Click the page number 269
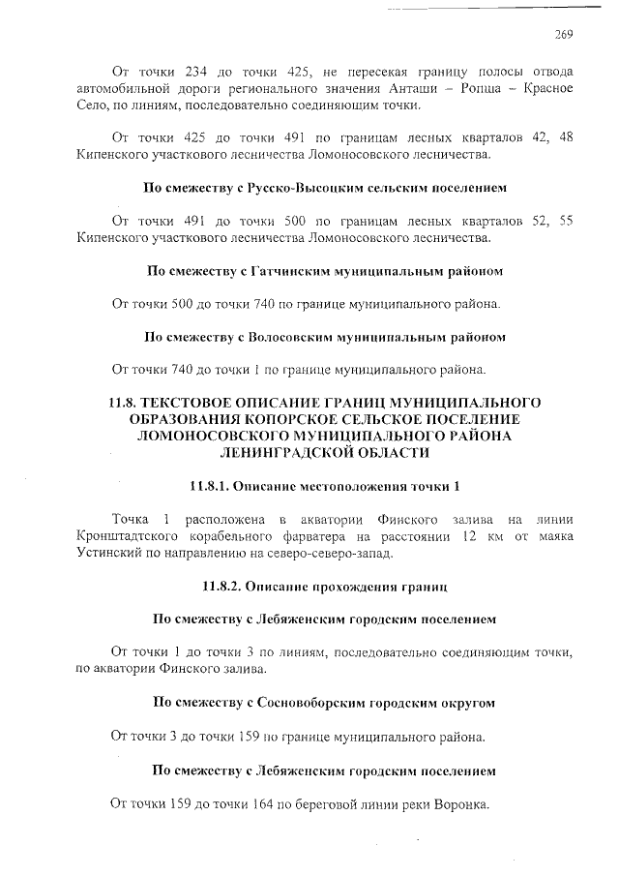pyautogui.click(x=564, y=36)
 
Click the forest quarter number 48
pyautogui.click(x=566, y=137)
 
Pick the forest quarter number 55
pyautogui.click(x=566, y=221)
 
